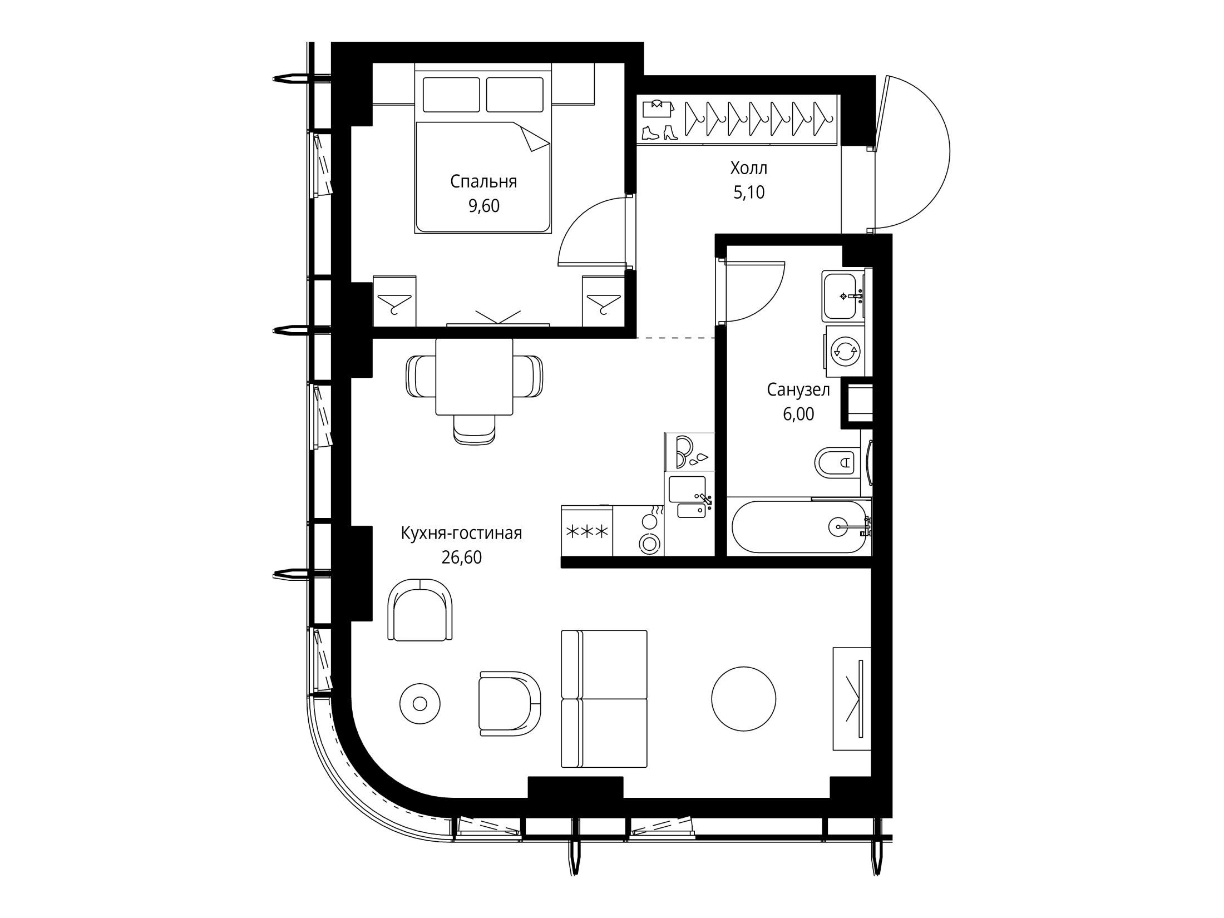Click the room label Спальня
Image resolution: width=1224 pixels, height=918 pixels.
point(483,182)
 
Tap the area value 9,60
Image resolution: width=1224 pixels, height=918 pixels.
point(484,206)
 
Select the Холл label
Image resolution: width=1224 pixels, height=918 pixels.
point(748,167)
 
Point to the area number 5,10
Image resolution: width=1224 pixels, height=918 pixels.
point(749,193)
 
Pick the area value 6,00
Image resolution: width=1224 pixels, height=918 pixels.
point(798,414)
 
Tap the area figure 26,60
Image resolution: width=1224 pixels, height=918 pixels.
point(461,557)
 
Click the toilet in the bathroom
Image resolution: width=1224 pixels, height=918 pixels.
point(838,461)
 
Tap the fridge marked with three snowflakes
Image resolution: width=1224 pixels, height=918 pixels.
point(587,530)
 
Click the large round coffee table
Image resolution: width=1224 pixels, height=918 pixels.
point(743,699)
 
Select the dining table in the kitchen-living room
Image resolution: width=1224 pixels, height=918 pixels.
point(474,377)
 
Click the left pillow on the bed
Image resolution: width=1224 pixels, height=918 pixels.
point(451,95)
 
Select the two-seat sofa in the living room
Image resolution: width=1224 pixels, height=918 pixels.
point(604,698)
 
